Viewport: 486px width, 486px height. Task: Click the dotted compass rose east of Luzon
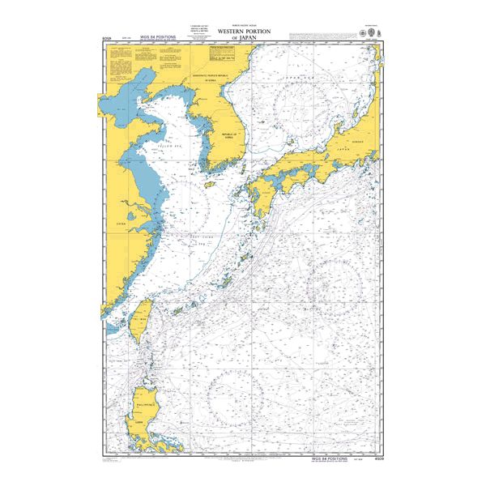point(236,394)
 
